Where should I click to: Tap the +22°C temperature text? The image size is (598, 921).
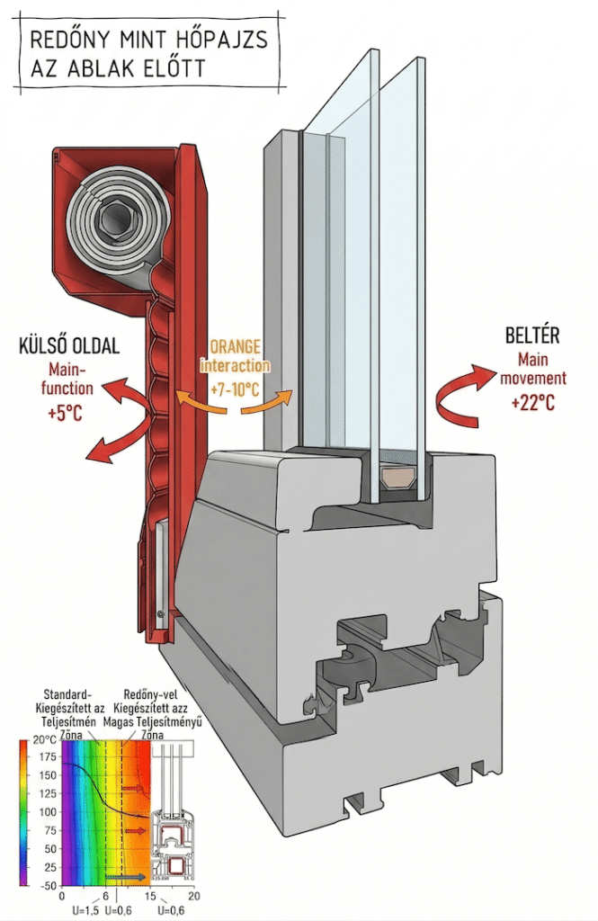532,403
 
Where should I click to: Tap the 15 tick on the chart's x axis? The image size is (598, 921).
151,898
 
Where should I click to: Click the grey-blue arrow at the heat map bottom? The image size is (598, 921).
123,876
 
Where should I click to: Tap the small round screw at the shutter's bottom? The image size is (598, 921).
159,613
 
